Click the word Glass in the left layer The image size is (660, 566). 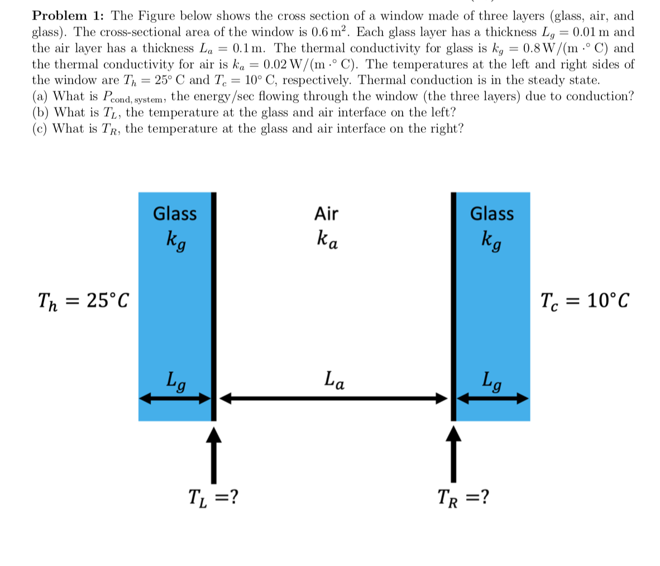coord(175,214)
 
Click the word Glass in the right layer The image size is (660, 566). coord(492,214)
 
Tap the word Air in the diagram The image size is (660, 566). coord(326,214)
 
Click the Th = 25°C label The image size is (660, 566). coord(83,301)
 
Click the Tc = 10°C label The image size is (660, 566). coord(585,301)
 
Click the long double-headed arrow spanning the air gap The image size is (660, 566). coord(333,398)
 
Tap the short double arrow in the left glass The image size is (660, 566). coord(175,398)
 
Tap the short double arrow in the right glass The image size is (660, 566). coord(493,398)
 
